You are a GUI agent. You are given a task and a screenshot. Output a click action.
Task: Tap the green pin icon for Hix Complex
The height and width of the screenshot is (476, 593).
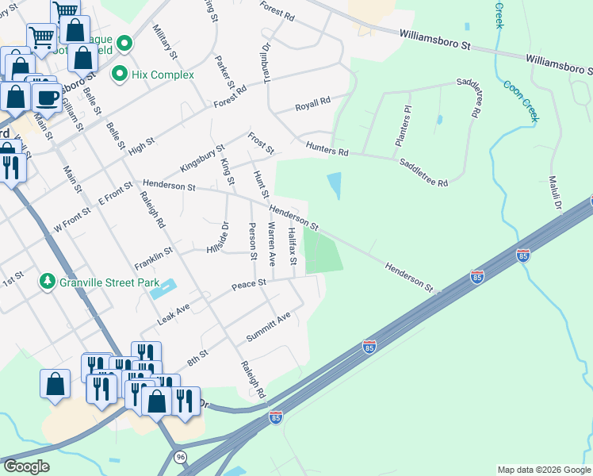point(121,75)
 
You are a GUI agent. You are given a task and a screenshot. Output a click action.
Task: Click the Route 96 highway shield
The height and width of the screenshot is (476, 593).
point(181,457)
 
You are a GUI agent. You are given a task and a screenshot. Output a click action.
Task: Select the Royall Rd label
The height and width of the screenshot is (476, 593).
point(312,104)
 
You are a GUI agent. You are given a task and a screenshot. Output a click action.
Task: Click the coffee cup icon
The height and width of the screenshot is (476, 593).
point(48,98)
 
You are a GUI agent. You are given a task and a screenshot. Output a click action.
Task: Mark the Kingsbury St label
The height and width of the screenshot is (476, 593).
point(202,158)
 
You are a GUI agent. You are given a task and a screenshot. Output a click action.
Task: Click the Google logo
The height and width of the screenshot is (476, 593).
point(26,466)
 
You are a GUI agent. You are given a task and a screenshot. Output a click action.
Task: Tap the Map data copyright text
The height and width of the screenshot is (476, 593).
point(543,470)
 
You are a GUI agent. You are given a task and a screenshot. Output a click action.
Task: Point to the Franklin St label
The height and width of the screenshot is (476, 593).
point(153,255)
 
